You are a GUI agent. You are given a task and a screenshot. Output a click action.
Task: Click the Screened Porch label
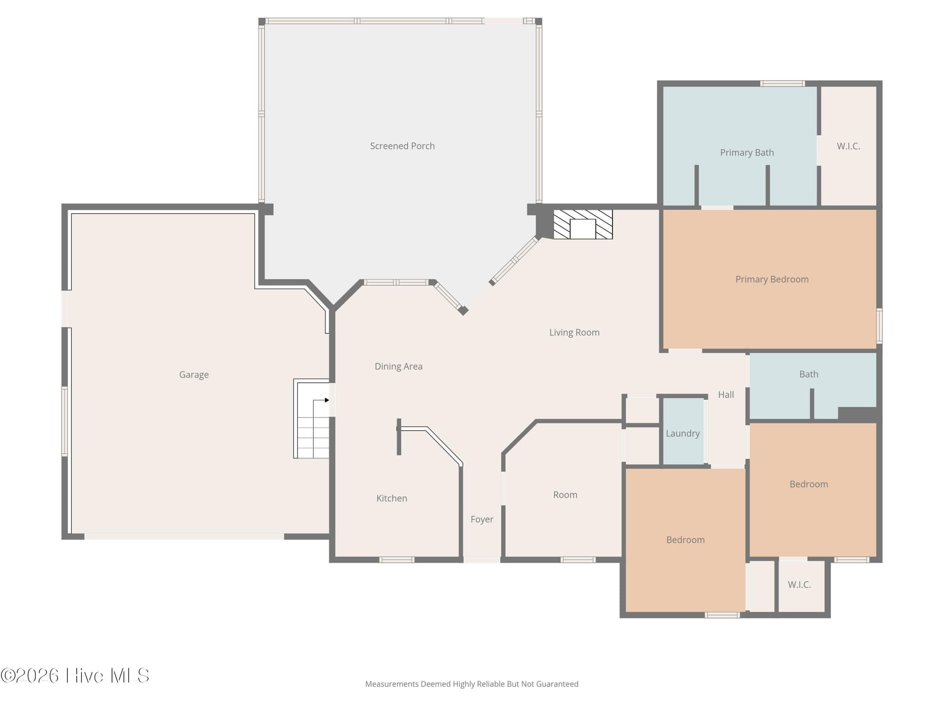click(x=402, y=146)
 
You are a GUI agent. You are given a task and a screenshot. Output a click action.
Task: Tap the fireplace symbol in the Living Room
click(x=583, y=225)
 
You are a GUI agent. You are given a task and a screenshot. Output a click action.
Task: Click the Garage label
click(x=194, y=375)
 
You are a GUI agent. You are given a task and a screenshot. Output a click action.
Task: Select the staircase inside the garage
click(x=312, y=418)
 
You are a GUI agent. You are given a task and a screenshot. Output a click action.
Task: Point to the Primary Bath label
click(x=747, y=152)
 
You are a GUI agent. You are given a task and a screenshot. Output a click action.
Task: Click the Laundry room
click(x=683, y=431)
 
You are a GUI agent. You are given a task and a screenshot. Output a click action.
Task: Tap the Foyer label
click(x=482, y=519)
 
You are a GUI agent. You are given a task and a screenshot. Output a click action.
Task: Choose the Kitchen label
click(x=392, y=498)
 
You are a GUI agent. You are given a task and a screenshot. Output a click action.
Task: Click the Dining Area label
click(x=399, y=366)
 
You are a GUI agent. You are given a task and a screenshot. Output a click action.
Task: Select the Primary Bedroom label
click(x=772, y=279)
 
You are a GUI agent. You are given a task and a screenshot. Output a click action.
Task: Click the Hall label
click(x=726, y=395)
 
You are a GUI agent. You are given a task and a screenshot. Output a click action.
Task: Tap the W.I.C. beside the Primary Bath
click(x=849, y=146)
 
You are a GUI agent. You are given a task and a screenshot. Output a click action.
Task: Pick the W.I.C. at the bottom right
click(x=799, y=585)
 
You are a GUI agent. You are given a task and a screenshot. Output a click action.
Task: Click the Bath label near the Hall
click(x=809, y=374)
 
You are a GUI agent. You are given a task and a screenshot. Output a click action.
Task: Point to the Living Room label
click(x=574, y=332)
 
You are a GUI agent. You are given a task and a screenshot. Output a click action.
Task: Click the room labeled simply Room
click(x=565, y=495)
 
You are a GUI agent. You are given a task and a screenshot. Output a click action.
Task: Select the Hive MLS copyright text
click(x=75, y=676)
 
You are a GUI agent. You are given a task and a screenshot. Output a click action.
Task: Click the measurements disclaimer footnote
click(x=472, y=684)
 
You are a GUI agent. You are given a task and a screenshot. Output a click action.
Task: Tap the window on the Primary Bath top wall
click(x=782, y=84)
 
